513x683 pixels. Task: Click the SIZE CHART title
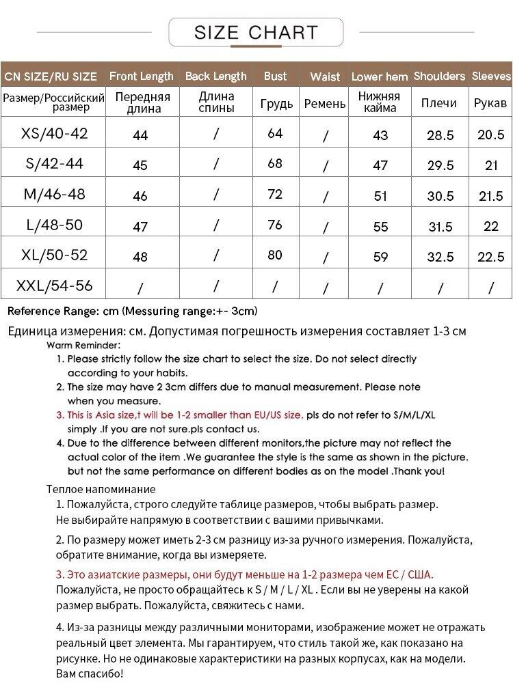coord(256,32)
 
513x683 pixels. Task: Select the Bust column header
coord(275,76)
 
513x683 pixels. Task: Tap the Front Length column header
coord(142,76)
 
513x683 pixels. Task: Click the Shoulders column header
coord(439,76)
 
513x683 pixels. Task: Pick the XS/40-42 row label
coord(55,133)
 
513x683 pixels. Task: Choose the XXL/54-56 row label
coord(55,285)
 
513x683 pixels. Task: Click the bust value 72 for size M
coord(275,195)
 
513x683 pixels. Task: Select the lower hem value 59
coord(380,257)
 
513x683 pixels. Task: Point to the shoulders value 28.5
coord(440,135)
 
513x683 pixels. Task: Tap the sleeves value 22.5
coord(490,257)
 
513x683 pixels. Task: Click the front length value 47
coord(140,227)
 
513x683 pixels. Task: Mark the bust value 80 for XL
coord(275,255)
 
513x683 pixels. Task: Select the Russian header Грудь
coord(276,104)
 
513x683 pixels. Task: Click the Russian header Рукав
coord(490,103)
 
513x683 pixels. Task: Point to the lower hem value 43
coord(380,135)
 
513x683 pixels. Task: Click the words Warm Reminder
coord(83,346)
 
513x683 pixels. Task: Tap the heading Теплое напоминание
coord(101,489)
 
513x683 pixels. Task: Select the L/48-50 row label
coord(55,224)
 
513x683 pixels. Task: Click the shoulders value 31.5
coord(440,227)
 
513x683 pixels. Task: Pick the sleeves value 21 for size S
coord(490,165)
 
